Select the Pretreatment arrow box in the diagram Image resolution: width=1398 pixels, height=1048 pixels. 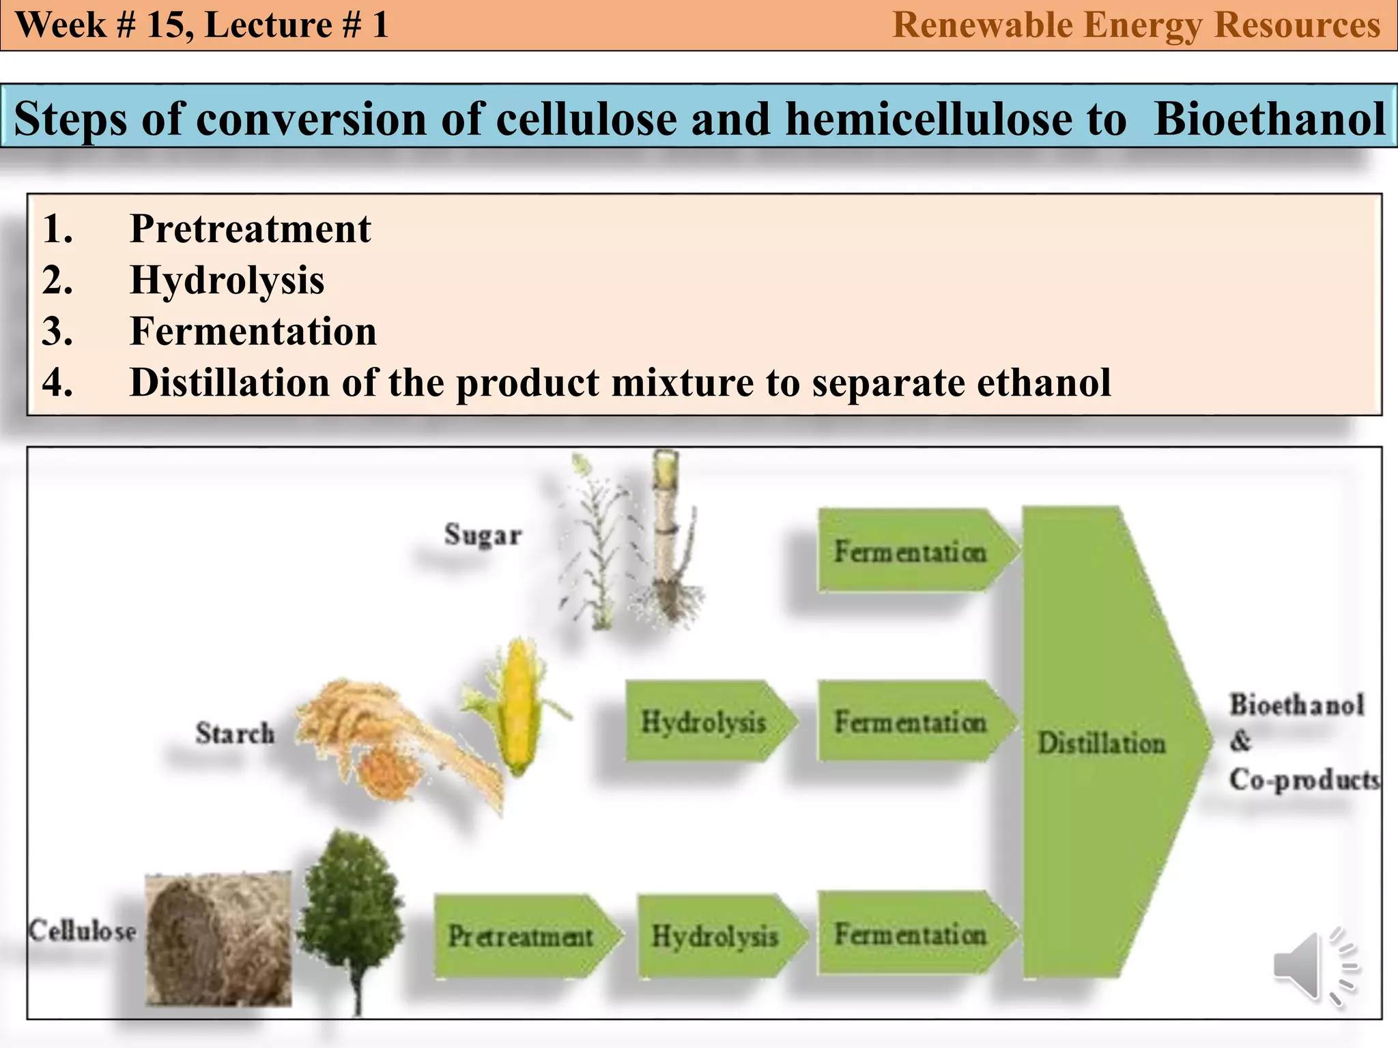pyautogui.click(x=522, y=936)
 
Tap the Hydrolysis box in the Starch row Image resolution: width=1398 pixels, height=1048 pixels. pyautogui.click(x=704, y=721)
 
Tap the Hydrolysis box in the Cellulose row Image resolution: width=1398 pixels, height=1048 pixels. pyautogui.click(x=715, y=936)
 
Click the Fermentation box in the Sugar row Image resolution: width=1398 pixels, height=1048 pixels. pyautogui.click(x=911, y=551)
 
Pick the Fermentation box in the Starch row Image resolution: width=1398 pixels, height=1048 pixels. pyautogui.click(x=911, y=721)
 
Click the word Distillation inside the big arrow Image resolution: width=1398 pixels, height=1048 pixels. pyautogui.click(x=1101, y=743)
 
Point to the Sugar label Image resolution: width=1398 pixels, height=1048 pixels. pyautogui.click(x=483, y=534)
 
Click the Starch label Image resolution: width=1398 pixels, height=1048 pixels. pyautogui.click(x=235, y=733)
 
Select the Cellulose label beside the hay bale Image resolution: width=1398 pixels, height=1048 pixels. pyautogui.click(x=82, y=931)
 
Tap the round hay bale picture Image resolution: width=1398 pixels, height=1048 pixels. pyautogui.click(x=218, y=940)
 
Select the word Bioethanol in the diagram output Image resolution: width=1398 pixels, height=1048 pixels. pyautogui.click(x=1296, y=705)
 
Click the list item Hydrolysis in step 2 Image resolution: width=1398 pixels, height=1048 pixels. pyautogui.click(x=227, y=280)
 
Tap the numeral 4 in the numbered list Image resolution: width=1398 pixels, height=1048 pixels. pyautogui.click(x=57, y=382)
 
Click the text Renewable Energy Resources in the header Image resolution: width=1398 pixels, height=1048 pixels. pyautogui.click(x=1136, y=25)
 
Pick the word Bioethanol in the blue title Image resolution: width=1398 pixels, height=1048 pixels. pyautogui.click(x=1269, y=119)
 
